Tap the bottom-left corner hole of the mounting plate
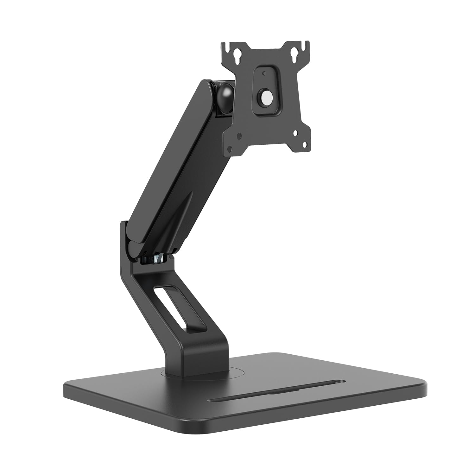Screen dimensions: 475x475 pos(231,148)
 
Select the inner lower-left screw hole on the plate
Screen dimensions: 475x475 pos(239,136)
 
